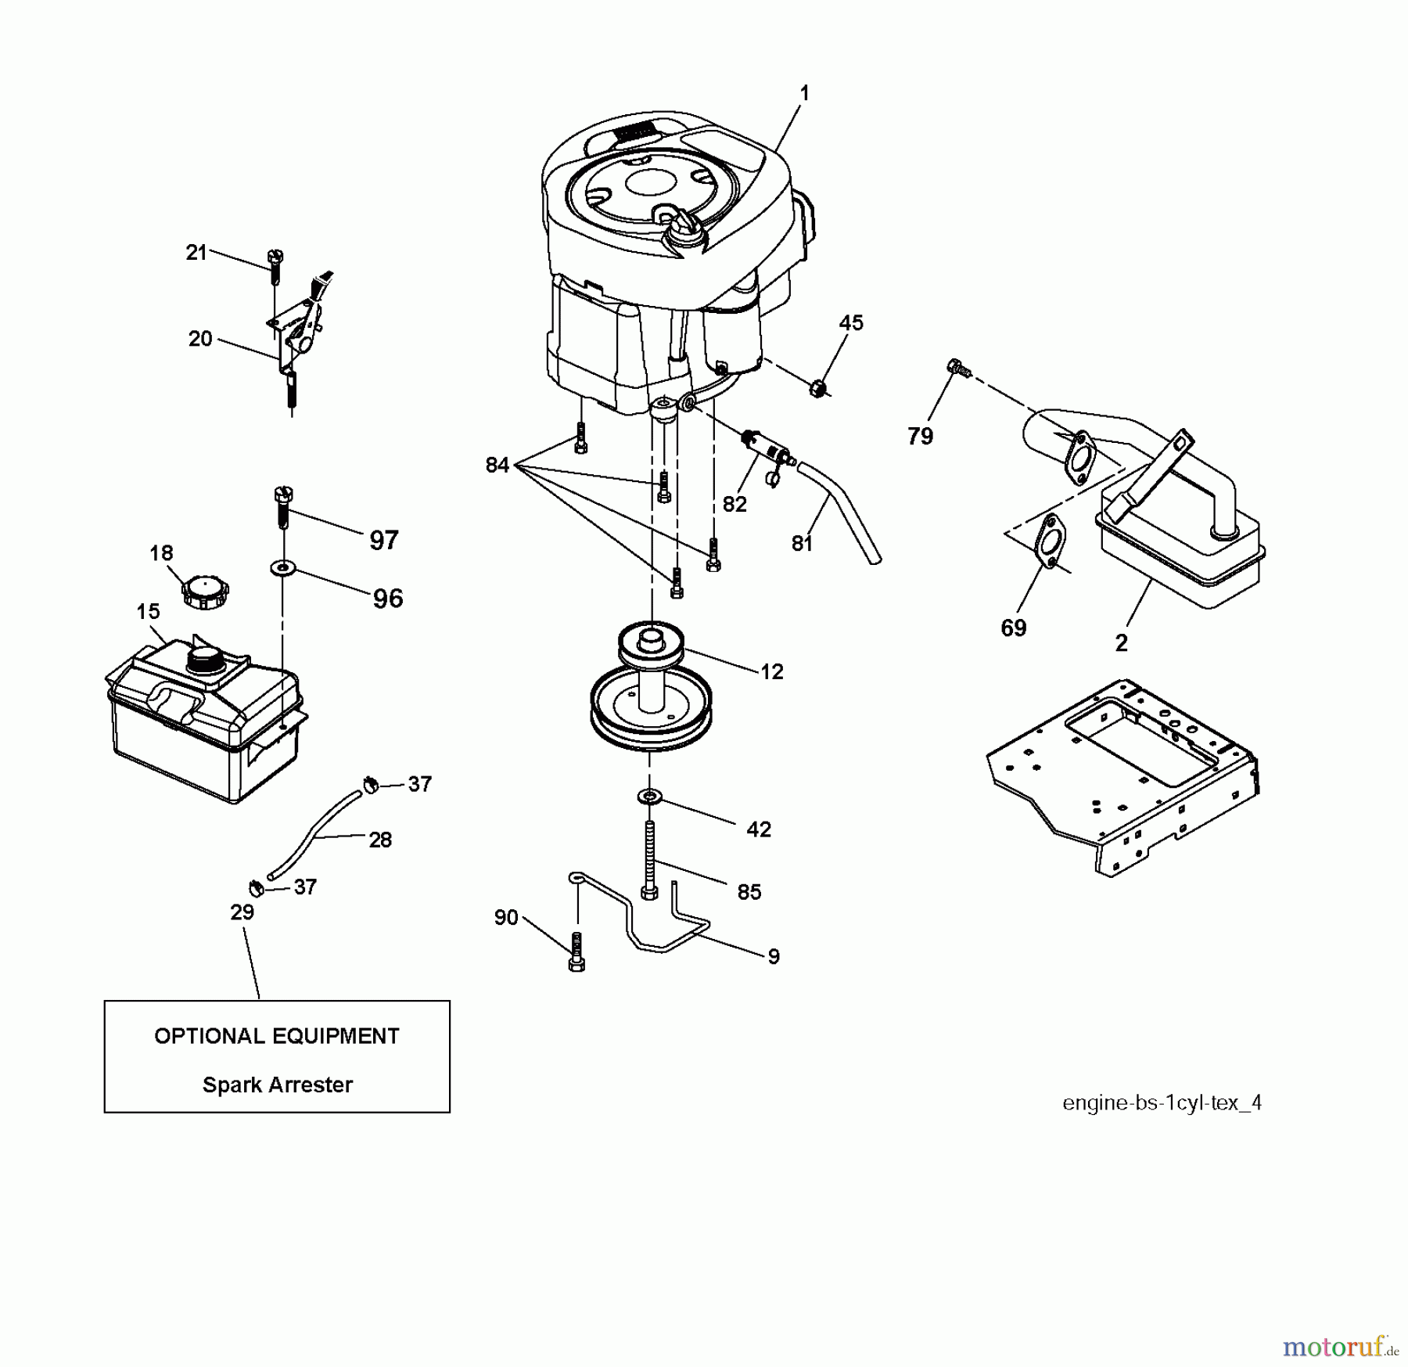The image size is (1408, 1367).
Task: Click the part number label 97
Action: click(x=383, y=540)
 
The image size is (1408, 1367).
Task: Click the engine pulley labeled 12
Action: click(x=651, y=689)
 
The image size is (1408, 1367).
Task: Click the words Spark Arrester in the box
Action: click(x=277, y=1085)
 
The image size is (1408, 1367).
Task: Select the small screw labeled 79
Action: click(x=957, y=367)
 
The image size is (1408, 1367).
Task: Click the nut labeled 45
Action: click(x=817, y=386)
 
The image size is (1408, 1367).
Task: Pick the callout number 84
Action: click(x=497, y=465)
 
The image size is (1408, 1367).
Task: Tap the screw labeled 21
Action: click(x=275, y=265)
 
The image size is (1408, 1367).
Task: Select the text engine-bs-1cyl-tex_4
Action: click(x=1161, y=1103)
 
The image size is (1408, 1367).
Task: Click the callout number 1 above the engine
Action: click(x=804, y=93)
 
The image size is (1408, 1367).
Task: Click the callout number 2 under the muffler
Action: click(x=1121, y=643)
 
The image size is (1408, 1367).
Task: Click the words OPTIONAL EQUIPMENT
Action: click(x=277, y=1036)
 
